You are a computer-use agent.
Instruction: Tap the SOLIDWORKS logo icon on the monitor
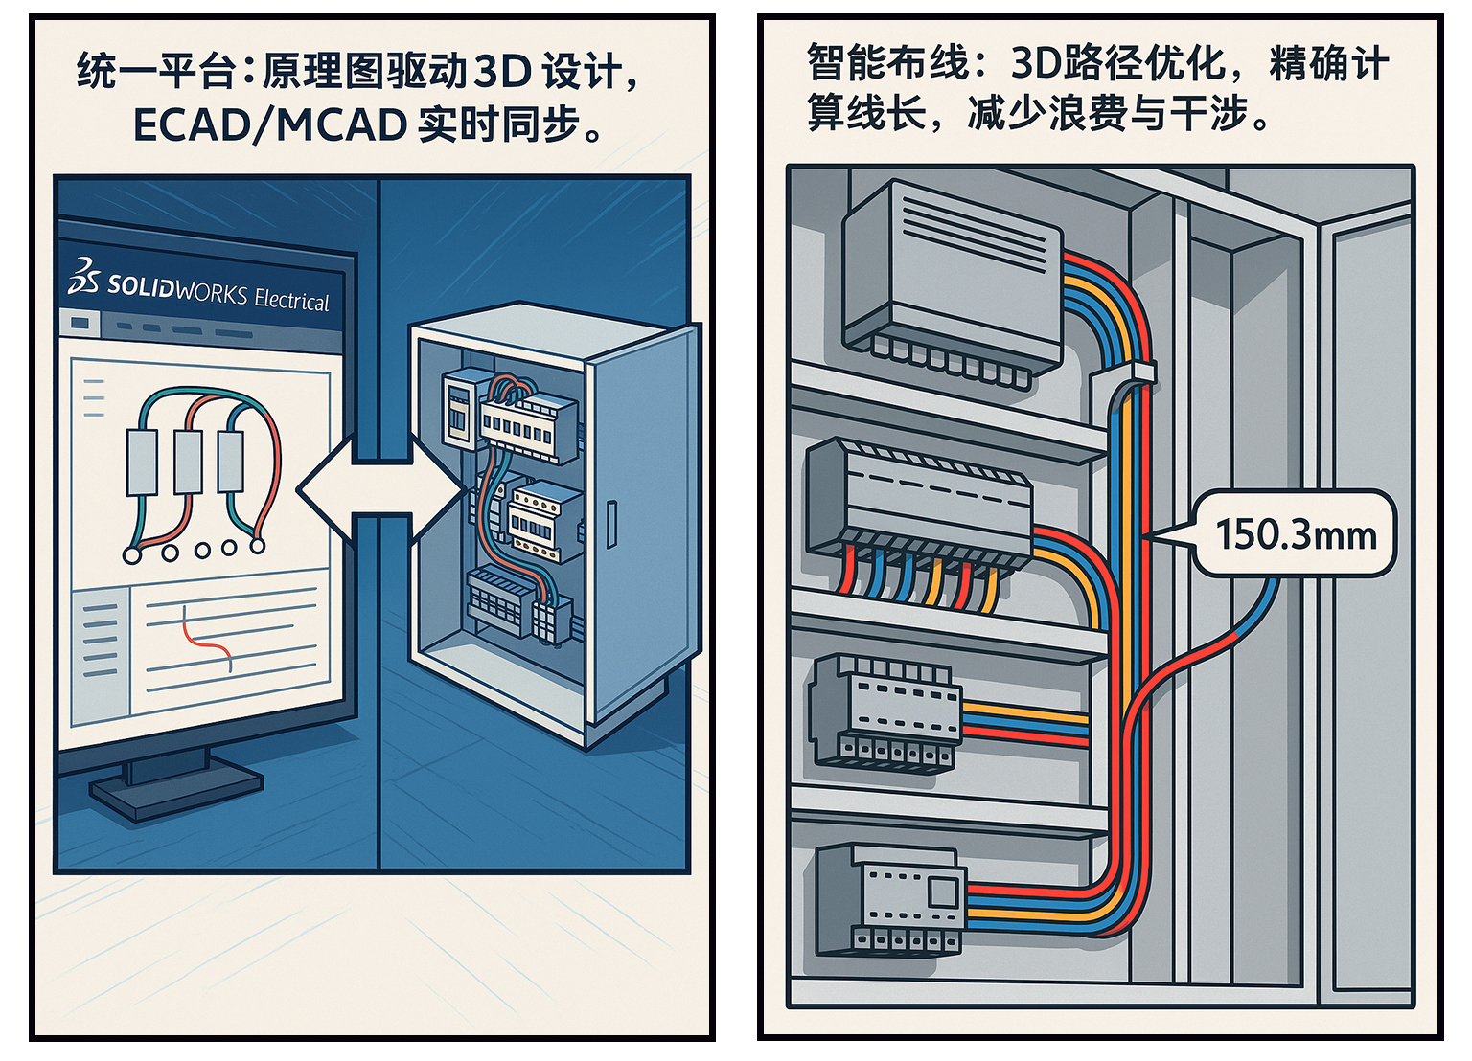pos(83,277)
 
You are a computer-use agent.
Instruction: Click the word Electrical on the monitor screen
pos(291,300)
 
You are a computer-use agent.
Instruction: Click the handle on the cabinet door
pos(612,524)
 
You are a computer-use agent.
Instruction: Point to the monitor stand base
pos(175,792)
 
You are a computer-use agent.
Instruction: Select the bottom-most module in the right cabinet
pos(888,901)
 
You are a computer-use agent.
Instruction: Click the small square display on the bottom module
pos(941,892)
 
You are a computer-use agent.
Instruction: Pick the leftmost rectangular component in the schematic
pos(142,462)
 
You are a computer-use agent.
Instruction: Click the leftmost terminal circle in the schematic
pos(132,553)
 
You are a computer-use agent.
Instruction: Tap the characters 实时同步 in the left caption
pos(498,125)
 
